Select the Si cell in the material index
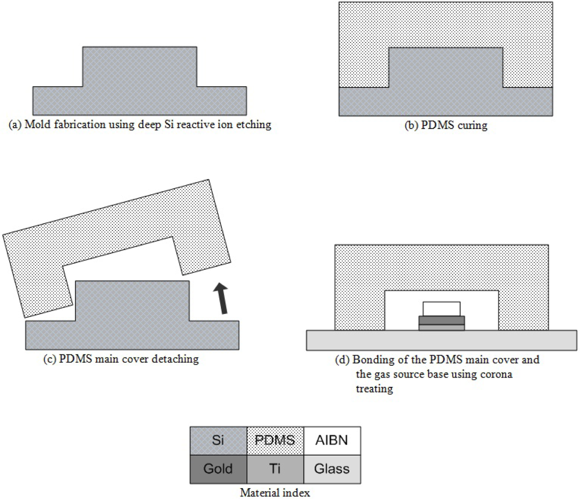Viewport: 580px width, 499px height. point(218,441)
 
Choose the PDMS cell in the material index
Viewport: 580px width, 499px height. point(275,441)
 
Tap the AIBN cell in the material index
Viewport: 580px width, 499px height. point(332,441)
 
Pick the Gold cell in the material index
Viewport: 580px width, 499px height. point(218,470)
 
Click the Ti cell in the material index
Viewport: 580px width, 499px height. point(275,470)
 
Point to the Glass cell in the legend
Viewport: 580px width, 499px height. point(332,470)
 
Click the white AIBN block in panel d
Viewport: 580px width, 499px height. point(442,308)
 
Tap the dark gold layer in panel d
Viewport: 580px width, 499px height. point(442,320)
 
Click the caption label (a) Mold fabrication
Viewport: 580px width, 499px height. point(140,125)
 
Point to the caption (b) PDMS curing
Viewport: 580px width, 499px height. point(446,126)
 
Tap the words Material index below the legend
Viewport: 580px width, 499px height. point(275,493)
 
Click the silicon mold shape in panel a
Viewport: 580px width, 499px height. point(139,90)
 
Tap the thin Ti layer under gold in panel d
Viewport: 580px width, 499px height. point(442,327)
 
